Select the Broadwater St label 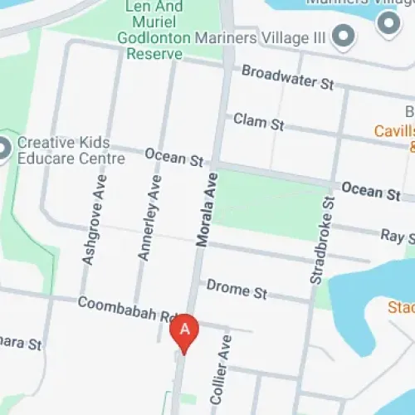click(x=287, y=78)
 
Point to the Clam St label click(x=258, y=121)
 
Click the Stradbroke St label click(x=322, y=241)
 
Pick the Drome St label click(x=237, y=290)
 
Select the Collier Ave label click(x=220, y=374)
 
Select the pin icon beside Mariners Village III click(x=341, y=37)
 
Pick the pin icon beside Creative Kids click(x=3, y=149)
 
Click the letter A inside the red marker click(x=184, y=329)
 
